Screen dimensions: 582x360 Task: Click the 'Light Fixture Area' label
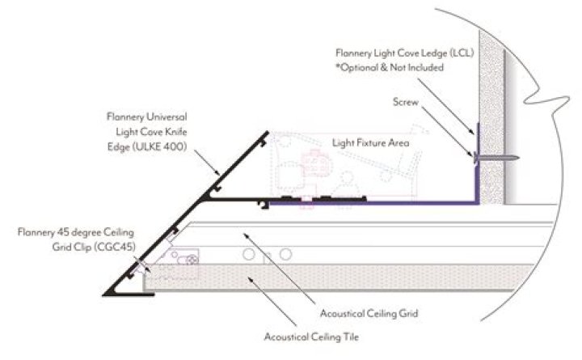pos(370,143)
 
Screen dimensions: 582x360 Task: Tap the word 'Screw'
pos(405,102)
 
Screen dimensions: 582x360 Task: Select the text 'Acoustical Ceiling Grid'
pos(369,314)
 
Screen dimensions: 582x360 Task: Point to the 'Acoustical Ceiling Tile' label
pos(311,337)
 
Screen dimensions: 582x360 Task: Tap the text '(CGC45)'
pos(114,247)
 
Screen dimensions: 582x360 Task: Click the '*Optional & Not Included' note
pos(390,68)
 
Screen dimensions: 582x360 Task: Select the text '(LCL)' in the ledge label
pos(462,53)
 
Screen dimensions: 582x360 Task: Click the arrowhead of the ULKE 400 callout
pos(218,173)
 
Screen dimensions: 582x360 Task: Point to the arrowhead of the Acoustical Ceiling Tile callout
pos(251,279)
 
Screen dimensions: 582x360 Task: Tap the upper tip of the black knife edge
pos(268,132)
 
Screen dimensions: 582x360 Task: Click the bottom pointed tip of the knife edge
pos(104,294)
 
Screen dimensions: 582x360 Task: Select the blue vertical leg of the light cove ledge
pos(478,164)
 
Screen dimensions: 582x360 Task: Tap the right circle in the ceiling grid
pos(285,255)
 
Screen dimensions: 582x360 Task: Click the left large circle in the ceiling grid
pos(249,255)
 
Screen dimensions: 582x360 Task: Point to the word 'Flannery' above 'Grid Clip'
pos(36,232)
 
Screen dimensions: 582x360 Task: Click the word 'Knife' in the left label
pos(176,132)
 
